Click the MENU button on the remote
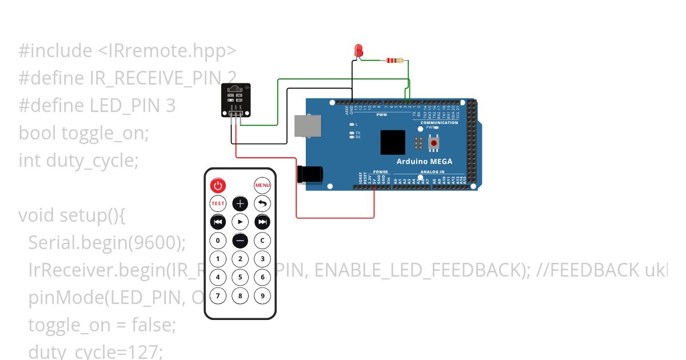[262, 185]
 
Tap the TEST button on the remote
[218, 203]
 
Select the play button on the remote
[240, 222]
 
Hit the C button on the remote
[262, 241]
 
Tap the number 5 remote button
[240, 278]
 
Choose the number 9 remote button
[262, 296]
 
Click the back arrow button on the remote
[262, 203]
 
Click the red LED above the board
[359, 50]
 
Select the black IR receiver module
[236, 98]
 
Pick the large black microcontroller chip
[393, 142]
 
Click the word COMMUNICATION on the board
[439, 123]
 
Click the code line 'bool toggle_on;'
[84, 133]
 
